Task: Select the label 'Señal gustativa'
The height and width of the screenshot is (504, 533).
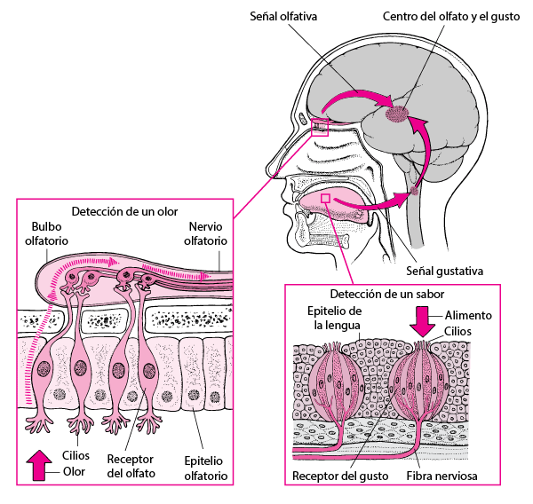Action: [444, 271]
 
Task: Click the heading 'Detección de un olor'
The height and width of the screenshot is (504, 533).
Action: [124, 212]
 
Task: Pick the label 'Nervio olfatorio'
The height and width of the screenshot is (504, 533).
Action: [205, 234]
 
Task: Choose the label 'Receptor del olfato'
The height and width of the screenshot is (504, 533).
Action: [131, 467]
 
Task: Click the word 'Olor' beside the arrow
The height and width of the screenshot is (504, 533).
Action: [73, 472]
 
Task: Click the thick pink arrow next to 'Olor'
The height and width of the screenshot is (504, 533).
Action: [40, 465]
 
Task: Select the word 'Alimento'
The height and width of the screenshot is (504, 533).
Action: [467, 315]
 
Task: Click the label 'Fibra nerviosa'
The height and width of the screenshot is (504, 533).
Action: [442, 476]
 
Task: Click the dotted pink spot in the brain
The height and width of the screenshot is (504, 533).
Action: [400, 114]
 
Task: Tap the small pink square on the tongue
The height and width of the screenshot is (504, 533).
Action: [326, 198]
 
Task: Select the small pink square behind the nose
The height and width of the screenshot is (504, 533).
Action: [320, 127]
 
